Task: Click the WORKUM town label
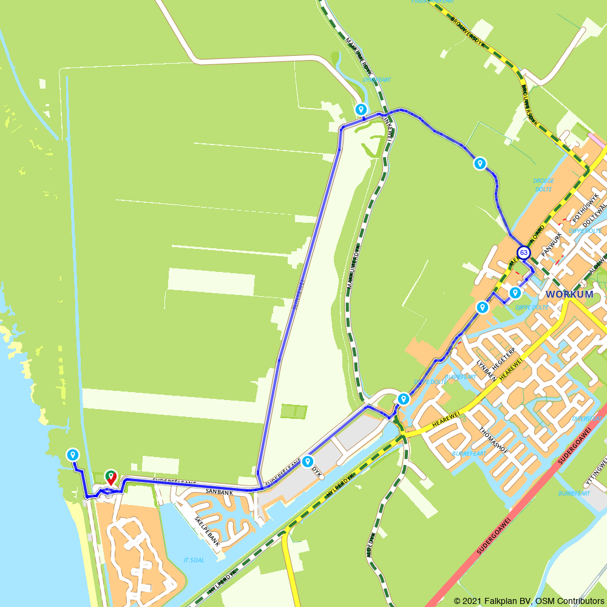click(569, 294)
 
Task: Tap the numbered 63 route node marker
click(523, 252)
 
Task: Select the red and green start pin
click(110, 477)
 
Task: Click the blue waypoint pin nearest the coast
click(73, 455)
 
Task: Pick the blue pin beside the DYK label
click(307, 461)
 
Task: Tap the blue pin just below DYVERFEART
click(361, 110)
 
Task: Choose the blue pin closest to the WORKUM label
click(515, 293)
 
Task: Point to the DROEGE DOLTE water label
click(543, 185)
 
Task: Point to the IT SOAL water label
click(194, 560)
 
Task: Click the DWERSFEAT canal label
click(587, 418)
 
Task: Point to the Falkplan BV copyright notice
click(529, 600)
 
